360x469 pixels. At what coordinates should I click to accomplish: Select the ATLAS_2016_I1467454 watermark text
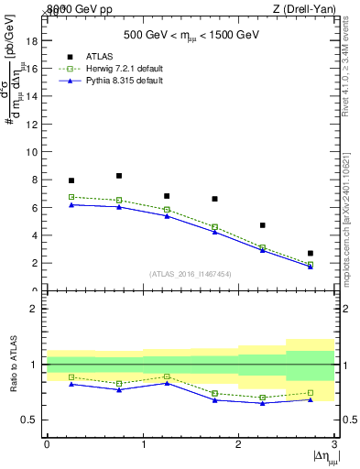coord(190,273)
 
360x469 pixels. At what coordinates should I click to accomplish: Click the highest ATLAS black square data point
coord(119,176)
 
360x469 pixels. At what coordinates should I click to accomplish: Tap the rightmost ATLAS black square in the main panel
coord(311,253)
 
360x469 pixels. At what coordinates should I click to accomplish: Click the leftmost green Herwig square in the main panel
coord(71,197)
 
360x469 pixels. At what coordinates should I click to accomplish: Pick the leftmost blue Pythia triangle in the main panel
coord(71,204)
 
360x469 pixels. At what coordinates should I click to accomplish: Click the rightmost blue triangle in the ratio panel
coord(311,399)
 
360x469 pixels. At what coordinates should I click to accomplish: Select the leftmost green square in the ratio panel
coord(71,376)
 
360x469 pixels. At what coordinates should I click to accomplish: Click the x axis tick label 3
coord(335,444)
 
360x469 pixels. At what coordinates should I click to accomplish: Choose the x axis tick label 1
coord(143,444)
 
